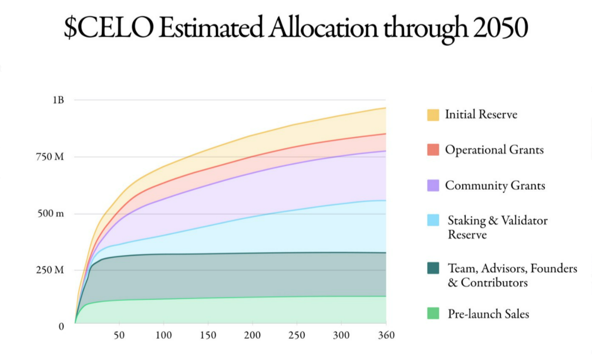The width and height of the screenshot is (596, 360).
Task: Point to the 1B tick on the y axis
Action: click(x=59, y=100)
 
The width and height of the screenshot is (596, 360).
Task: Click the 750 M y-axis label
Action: click(x=51, y=157)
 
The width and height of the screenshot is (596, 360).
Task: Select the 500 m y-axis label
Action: click(x=51, y=214)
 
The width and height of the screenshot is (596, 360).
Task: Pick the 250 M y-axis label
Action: click(x=51, y=270)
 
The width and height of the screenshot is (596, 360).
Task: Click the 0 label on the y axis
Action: click(x=61, y=326)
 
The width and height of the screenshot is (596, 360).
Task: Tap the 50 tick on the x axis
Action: click(x=119, y=335)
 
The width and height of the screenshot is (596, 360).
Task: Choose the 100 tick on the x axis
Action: click(x=163, y=335)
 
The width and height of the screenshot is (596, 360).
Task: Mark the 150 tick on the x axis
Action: click(x=208, y=335)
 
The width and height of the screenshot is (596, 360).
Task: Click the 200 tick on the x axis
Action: click(x=252, y=335)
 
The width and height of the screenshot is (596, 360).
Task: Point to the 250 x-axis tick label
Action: click(x=297, y=335)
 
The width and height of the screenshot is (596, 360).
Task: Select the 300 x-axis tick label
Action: click(x=341, y=335)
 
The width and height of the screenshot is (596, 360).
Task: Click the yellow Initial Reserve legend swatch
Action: click(x=433, y=115)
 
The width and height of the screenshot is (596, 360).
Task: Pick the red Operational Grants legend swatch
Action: click(x=433, y=150)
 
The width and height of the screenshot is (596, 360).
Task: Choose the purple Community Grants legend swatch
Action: click(x=433, y=185)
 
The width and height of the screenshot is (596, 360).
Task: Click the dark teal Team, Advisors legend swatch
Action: click(x=433, y=269)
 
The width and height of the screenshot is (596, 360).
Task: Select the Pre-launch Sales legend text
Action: click(x=488, y=313)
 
